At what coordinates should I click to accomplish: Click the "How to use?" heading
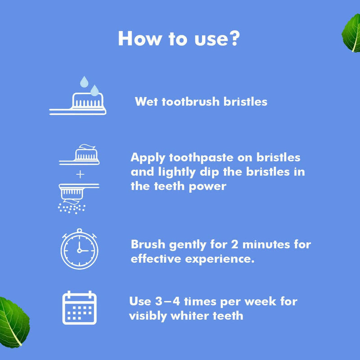pyautogui.click(x=179, y=39)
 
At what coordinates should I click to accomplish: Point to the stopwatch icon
pyautogui.click(x=79, y=249)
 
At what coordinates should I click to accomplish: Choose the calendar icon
pyautogui.click(x=79, y=308)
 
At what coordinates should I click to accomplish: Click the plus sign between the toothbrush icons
pyautogui.click(x=80, y=175)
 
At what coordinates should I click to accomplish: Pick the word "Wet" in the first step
pyautogui.click(x=146, y=102)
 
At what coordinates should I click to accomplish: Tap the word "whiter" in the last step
pyautogui.click(x=186, y=315)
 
